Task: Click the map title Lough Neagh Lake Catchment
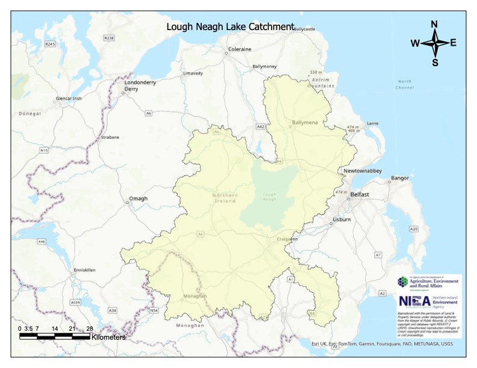[230, 27]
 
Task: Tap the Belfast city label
[360, 195]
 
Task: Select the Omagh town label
[138, 199]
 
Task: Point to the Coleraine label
[239, 49]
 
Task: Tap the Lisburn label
[341, 219]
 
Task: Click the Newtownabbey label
[363, 171]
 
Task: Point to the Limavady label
[193, 73]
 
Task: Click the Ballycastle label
[304, 29]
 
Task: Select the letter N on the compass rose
[434, 25]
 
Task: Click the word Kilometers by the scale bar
[108, 337]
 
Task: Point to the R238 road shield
[108, 38]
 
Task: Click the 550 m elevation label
[316, 72]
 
